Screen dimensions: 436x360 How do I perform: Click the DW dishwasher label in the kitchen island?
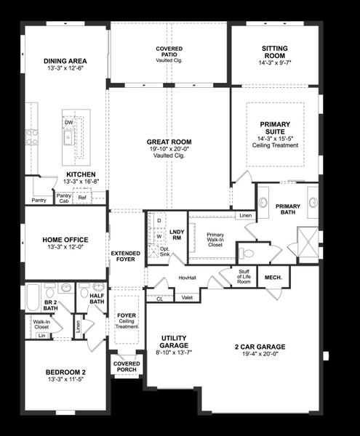(x=68, y=123)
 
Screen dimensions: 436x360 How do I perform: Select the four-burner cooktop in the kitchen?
(x=31, y=137)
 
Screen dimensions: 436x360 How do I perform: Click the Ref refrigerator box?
(x=82, y=197)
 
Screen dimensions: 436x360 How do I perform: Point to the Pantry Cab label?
(x=64, y=197)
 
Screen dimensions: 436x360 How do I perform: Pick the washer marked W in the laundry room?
(x=159, y=235)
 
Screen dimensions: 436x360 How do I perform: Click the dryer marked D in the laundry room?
(x=159, y=220)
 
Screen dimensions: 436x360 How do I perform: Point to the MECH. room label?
(x=273, y=277)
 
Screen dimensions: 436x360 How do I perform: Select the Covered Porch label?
(x=127, y=367)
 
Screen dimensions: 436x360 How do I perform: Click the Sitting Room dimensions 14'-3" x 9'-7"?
(x=274, y=62)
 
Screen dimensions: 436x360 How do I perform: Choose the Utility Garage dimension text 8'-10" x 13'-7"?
(x=175, y=352)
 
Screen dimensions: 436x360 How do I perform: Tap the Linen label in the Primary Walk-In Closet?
(x=245, y=216)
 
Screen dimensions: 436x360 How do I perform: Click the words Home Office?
(x=65, y=239)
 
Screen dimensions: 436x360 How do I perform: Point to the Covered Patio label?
(x=169, y=52)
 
